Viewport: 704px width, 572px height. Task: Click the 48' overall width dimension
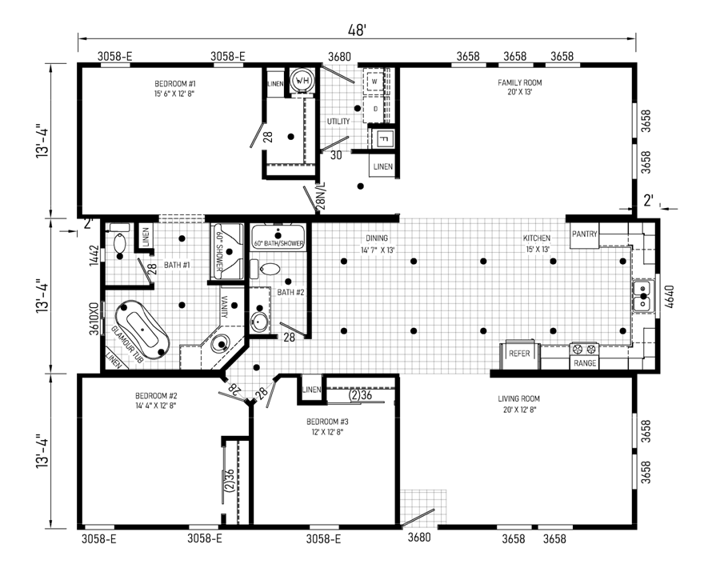[x=358, y=30]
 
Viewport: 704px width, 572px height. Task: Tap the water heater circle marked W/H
[x=302, y=81]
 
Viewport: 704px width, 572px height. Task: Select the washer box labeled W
[x=374, y=82]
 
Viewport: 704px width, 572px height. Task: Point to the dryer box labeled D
[x=375, y=109]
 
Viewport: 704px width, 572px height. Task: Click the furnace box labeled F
[x=383, y=138]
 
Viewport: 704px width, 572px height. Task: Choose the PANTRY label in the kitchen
[x=585, y=234]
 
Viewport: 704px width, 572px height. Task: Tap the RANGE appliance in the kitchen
[x=584, y=355]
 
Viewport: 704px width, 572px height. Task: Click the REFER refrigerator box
[x=519, y=354]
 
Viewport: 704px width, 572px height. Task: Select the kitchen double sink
[x=643, y=296]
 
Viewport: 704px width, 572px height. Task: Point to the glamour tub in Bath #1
[x=142, y=329]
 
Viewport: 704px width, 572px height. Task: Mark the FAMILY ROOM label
[x=519, y=82]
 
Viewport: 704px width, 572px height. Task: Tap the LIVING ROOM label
[x=518, y=398]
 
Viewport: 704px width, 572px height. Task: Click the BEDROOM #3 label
[x=327, y=422]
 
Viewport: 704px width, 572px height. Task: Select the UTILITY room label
[x=338, y=122]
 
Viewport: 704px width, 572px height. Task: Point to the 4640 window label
[x=670, y=297]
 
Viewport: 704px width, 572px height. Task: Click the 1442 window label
[x=94, y=255]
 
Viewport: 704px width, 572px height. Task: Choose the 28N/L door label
[x=321, y=196]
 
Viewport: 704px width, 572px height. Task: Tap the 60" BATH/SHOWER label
[x=278, y=244]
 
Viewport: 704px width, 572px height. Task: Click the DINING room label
[x=377, y=238]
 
